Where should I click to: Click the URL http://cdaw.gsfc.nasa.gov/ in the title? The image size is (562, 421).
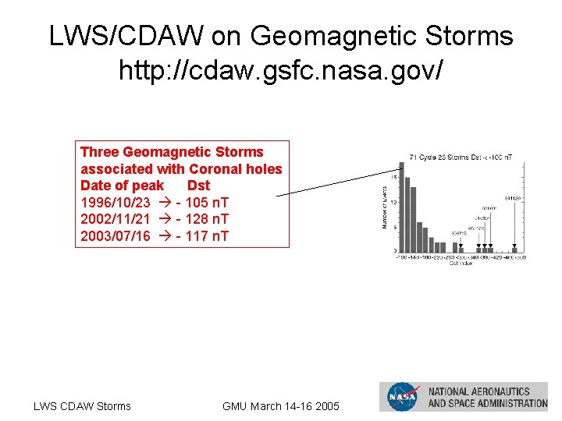click(x=281, y=70)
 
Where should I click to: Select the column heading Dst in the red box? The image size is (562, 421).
click(x=198, y=186)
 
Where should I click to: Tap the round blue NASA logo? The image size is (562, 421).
click(x=403, y=397)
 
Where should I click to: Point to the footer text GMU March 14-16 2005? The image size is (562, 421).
click(x=281, y=406)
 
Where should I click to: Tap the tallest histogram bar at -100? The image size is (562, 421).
click(x=401, y=207)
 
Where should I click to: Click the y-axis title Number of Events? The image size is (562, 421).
click(x=384, y=207)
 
